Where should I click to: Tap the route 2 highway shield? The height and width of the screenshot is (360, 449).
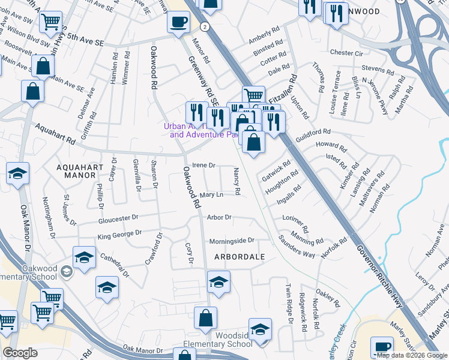coord(205,27)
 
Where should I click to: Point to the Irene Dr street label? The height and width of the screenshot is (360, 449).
coord(203,165)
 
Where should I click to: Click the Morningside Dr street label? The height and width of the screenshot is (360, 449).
coord(232,241)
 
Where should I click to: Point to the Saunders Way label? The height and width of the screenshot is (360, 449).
coord(297,246)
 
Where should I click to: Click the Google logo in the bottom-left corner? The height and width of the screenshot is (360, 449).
coord(20,353)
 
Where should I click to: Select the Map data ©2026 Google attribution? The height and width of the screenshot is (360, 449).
coord(412,355)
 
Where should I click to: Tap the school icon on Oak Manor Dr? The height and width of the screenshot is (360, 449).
coord(18,175)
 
